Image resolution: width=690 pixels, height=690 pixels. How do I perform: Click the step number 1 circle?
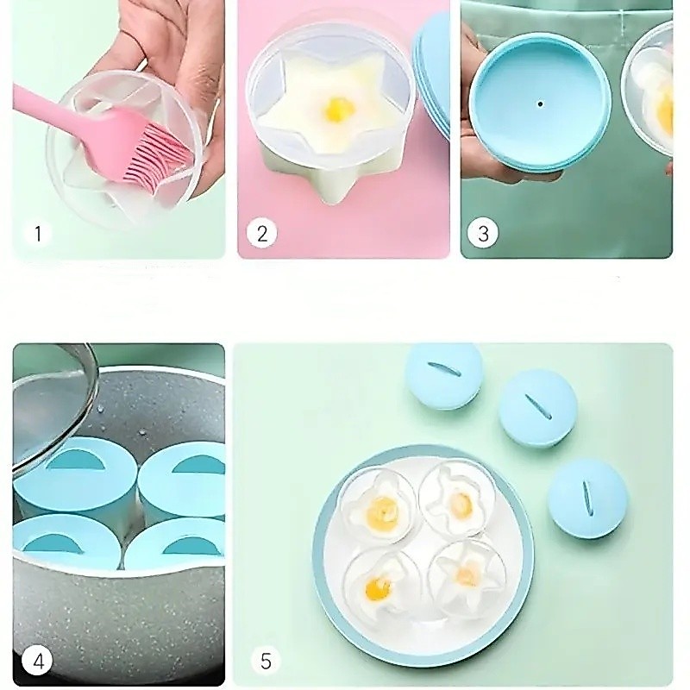pyautogui.click(x=37, y=233)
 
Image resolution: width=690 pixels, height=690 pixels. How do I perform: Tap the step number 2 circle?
pyautogui.click(x=262, y=233)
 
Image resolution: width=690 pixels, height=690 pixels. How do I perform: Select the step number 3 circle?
pyautogui.click(x=483, y=233)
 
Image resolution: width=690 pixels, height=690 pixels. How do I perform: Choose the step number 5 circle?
pyautogui.click(x=266, y=660)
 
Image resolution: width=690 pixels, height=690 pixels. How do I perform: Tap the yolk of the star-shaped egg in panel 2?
pyautogui.click(x=338, y=110)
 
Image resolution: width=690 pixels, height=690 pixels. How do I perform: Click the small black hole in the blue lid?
pyautogui.click(x=540, y=104)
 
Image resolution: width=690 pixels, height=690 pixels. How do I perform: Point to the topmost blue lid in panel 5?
pyautogui.click(x=443, y=377)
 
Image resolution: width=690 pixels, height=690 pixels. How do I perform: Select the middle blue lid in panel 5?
pyautogui.click(x=537, y=408)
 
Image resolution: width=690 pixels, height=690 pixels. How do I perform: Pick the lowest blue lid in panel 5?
pyautogui.click(x=587, y=497)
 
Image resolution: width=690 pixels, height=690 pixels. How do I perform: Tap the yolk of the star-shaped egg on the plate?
pyautogui.click(x=467, y=574)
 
